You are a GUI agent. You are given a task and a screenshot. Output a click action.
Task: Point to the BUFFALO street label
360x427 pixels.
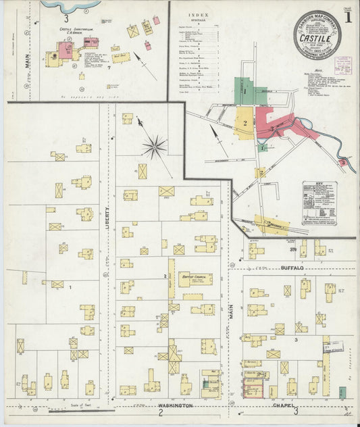pyautogui.click(x=292, y=268)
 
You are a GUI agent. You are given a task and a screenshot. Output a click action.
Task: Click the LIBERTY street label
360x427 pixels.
pyautogui.click(x=107, y=220)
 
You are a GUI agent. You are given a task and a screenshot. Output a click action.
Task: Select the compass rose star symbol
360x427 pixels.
pyautogui.click(x=155, y=145)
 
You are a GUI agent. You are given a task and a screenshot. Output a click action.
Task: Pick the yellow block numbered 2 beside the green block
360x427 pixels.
pyautogui.click(x=245, y=123)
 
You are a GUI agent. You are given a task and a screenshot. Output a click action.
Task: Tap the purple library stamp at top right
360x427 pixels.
pyautogui.click(x=342, y=65)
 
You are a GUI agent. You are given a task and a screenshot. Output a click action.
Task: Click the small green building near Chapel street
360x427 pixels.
pyautogui.click(x=342, y=393)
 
